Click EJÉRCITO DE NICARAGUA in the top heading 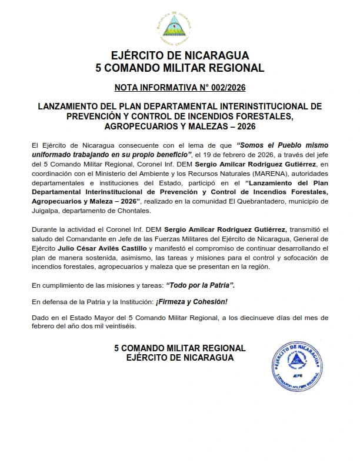pyautogui.click(x=179, y=56)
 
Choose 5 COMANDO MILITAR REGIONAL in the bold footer pyautogui.click(x=179, y=349)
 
